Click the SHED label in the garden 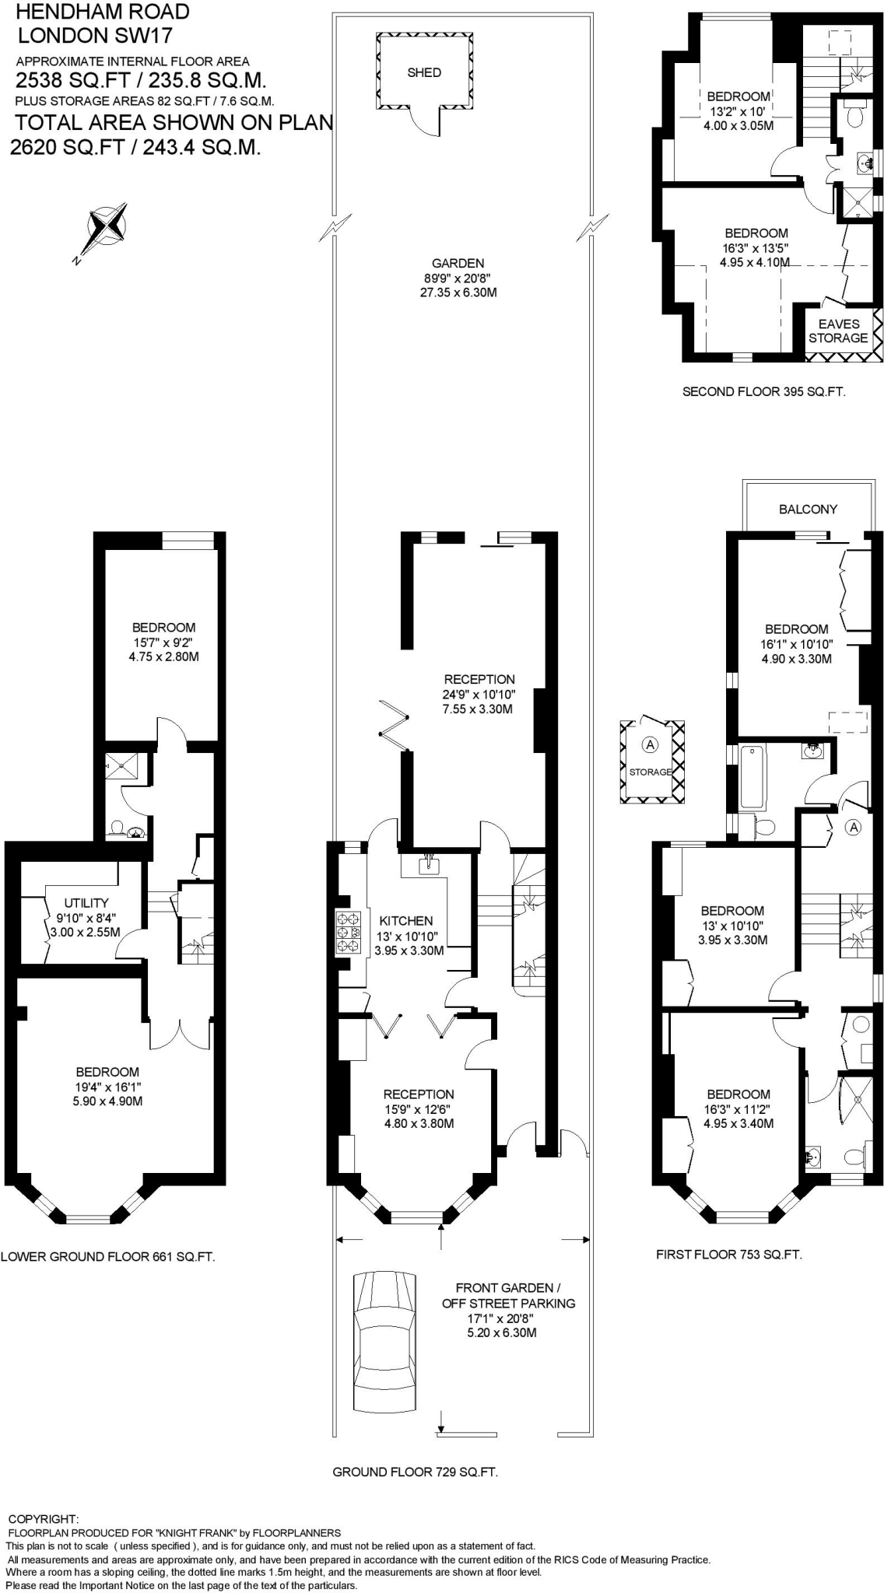click(424, 72)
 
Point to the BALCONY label click(808, 509)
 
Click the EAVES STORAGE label click(837, 331)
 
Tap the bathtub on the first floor click(752, 777)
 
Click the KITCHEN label click(406, 921)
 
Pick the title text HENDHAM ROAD click(103, 12)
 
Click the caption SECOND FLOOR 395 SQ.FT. click(763, 392)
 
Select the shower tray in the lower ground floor click(122, 768)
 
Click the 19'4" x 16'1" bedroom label click(107, 1087)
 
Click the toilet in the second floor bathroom click(854, 117)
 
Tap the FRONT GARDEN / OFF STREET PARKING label click(508, 1295)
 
